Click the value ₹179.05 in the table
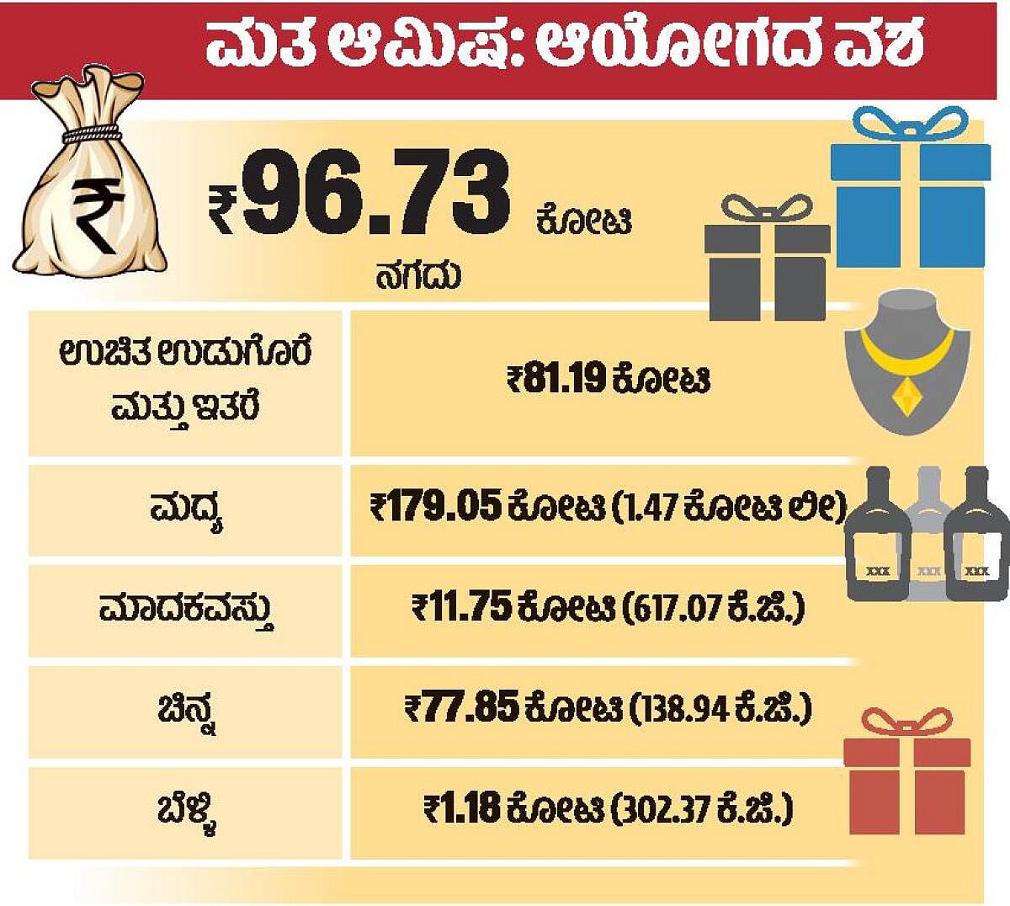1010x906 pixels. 435,508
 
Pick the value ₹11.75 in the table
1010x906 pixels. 462,607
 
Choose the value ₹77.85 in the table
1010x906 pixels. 461,707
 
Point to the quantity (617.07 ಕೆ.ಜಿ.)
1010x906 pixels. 714,608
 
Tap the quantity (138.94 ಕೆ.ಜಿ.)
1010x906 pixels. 720,708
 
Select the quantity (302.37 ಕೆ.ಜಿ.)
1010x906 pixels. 703,810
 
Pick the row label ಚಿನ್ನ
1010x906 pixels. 186,710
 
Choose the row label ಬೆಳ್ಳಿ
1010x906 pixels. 186,812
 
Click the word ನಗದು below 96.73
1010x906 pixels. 418,276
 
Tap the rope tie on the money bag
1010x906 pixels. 92,133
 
